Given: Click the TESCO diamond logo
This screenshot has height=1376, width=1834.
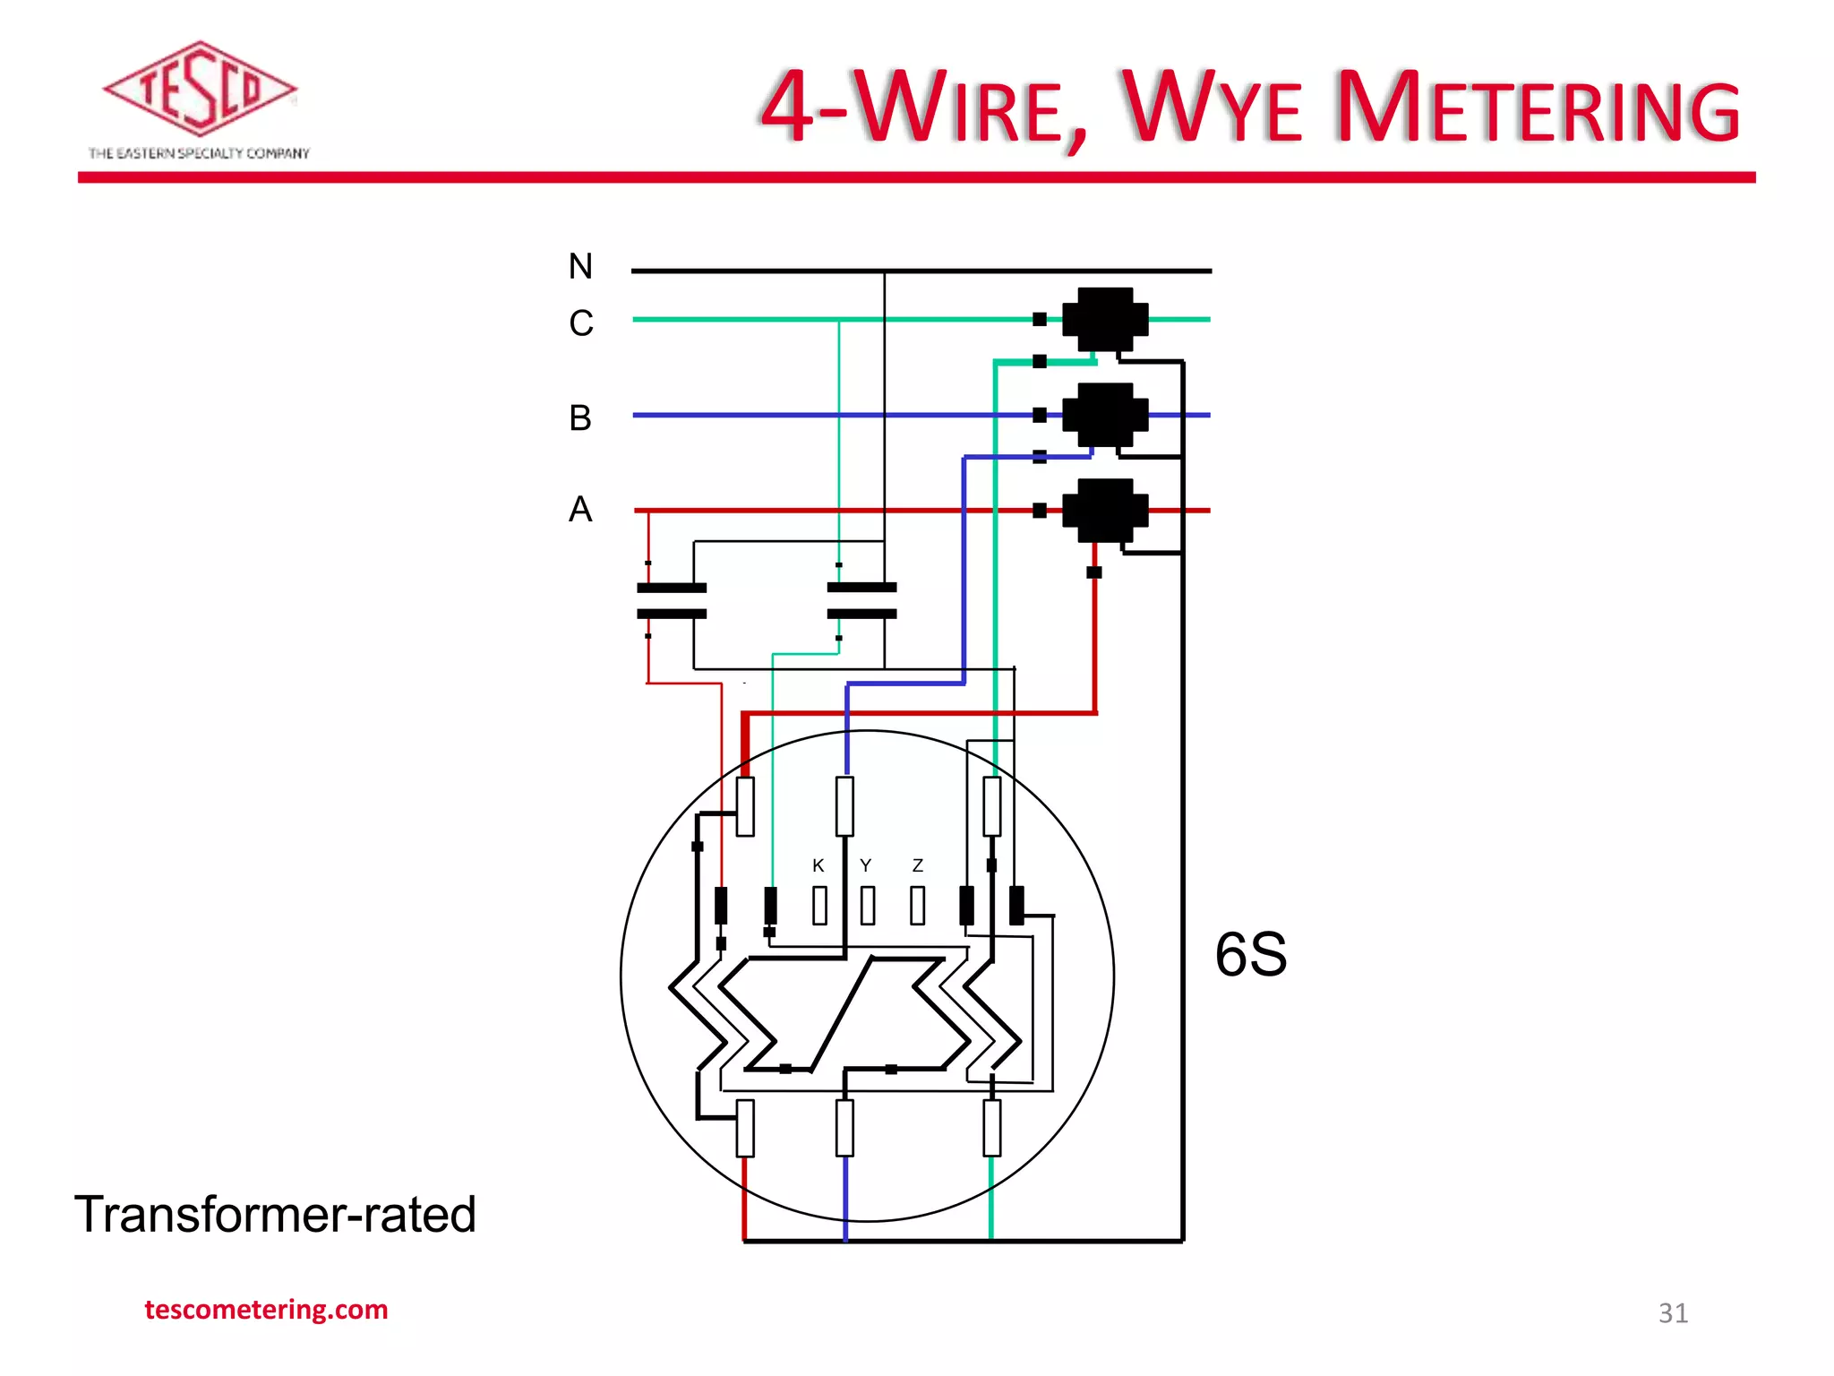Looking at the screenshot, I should (x=199, y=89).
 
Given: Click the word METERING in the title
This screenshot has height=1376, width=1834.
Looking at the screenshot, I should (x=1538, y=108).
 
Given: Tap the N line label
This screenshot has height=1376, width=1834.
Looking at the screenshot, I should (x=580, y=266).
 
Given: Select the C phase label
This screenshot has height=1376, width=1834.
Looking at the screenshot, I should (x=580, y=323).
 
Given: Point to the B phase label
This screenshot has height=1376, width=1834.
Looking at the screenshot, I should (x=580, y=418).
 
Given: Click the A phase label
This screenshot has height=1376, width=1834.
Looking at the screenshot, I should (x=580, y=510).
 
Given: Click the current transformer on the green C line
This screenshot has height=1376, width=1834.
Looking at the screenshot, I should (x=1105, y=319).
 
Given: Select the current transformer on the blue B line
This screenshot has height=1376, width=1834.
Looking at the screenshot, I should (x=1105, y=415).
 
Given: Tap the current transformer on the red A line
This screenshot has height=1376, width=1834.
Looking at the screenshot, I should (x=1105, y=511).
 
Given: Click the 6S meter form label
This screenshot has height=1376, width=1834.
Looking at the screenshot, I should (x=1251, y=954).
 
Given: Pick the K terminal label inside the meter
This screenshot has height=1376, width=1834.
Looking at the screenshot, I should (x=818, y=865).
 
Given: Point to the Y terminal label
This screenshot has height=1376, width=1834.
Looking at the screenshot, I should (x=865, y=865).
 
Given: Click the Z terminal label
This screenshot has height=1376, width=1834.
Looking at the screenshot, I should (x=917, y=865).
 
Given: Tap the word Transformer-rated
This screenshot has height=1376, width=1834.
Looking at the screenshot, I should (x=275, y=1215).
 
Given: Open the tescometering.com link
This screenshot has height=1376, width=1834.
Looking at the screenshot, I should (x=266, y=1310).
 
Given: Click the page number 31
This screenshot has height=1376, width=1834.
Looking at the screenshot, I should (x=1673, y=1313).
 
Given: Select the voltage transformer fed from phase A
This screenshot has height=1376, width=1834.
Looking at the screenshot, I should (x=672, y=601).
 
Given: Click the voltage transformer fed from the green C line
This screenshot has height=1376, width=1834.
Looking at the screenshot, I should (x=861, y=601).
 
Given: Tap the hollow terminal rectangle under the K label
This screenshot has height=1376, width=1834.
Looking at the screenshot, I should (x=819, y=906).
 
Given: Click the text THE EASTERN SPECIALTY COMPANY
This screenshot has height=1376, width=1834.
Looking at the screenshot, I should (x=199, y=153).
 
